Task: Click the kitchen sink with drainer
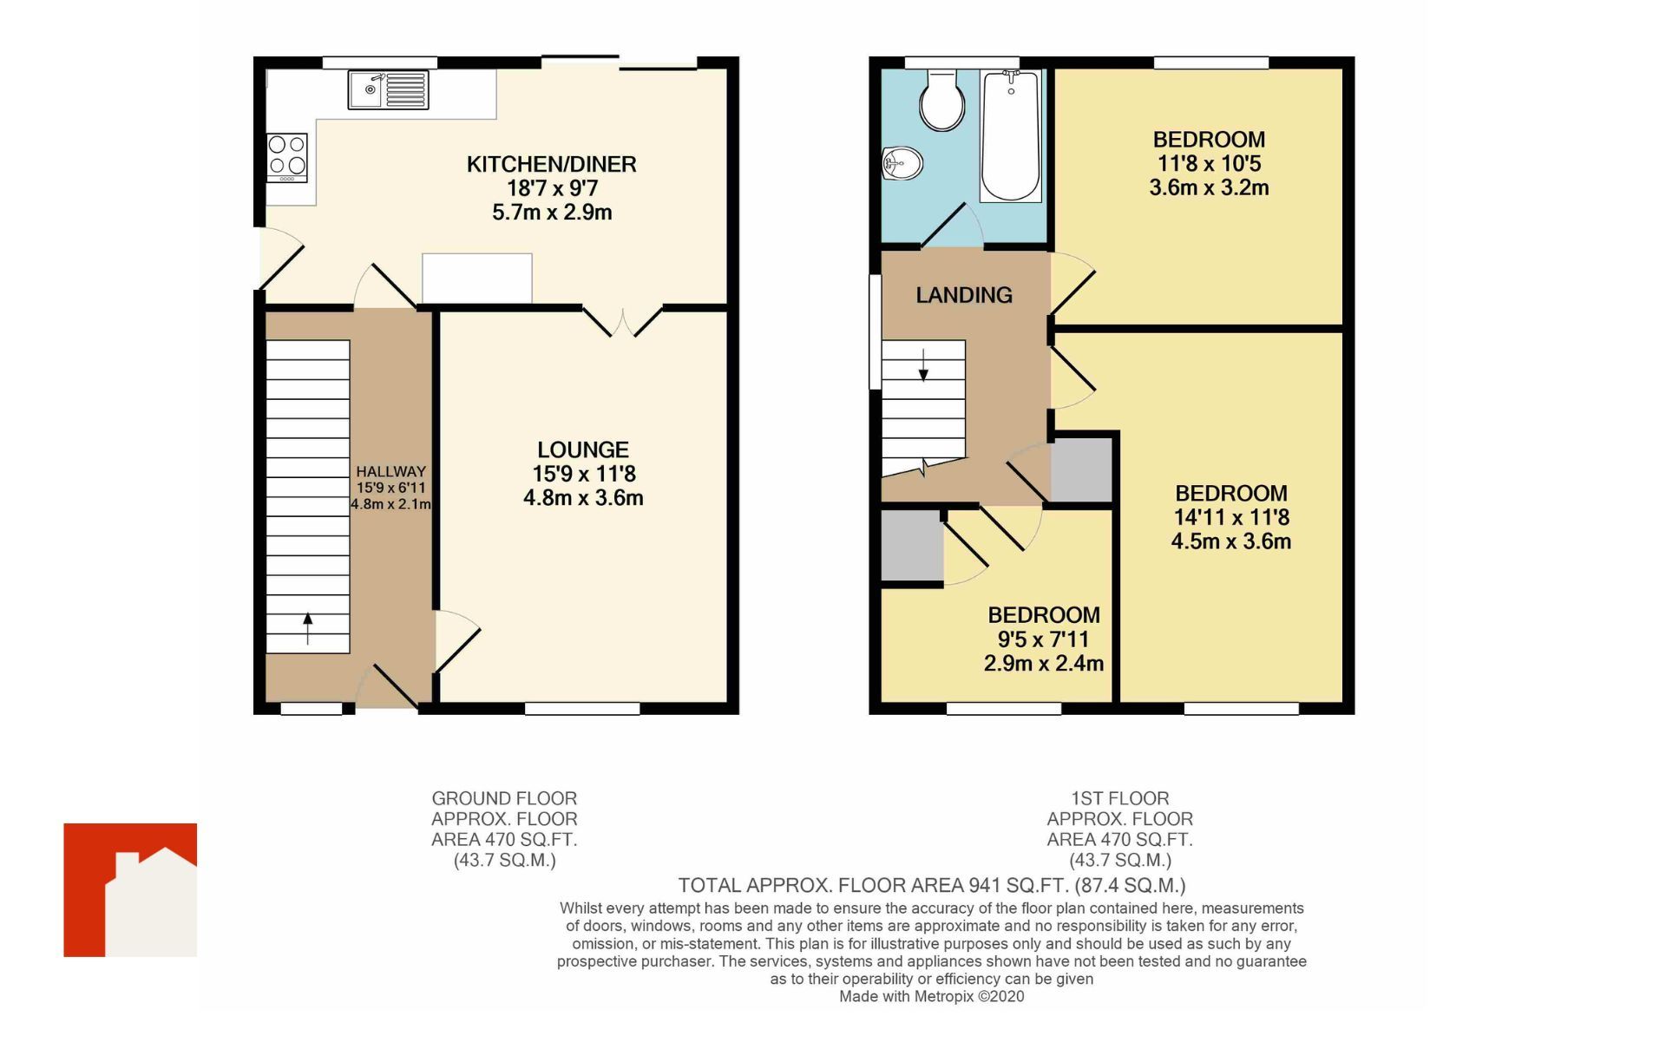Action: click(x=388, y=89)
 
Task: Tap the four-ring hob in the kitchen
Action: click(x=287, y=157)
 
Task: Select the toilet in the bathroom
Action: click(x=941, y=101)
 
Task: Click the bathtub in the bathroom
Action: click(x=1010, y=137)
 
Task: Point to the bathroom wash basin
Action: click(x=902, y=163)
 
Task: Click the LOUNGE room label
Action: click(x=582, y=449)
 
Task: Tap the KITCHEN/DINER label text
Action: click(x=551, y=164)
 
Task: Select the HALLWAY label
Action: click(x=390, y=471)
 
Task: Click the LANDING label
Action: click(x=963, y=295)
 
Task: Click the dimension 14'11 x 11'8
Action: click(x=1230, y=517)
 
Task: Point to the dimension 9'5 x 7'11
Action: click(x=1043, y=639)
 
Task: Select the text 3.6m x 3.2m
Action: click(x=1209, y=187)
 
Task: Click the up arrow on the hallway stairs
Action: click(x=308, y=629)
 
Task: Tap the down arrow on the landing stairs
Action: click(x=923, y=364)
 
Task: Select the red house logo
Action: click(x=130, y=889)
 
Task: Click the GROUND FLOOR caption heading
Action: click(x=504, y=798)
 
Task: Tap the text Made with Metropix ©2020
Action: click(x=931, y=997)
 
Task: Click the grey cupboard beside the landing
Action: click(x=1080, y=470)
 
